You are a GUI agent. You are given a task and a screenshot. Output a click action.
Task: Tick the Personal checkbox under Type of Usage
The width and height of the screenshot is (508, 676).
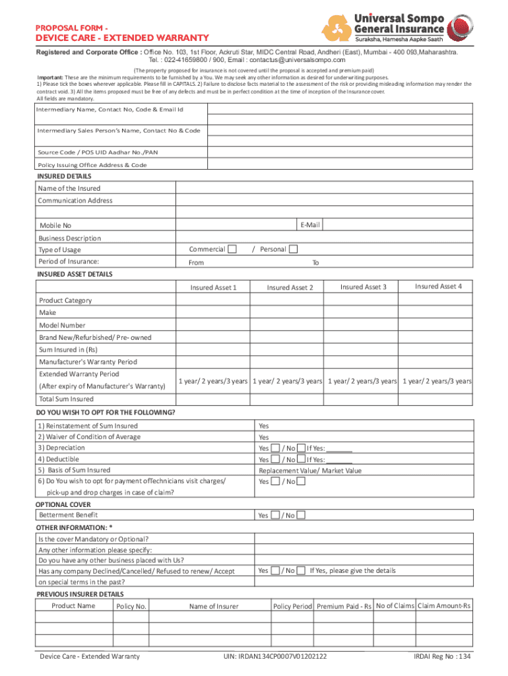click(294, 249)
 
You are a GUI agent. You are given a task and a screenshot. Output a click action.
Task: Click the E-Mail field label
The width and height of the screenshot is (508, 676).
click(309, 225)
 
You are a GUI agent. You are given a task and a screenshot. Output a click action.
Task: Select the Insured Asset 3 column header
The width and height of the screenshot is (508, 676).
click(363, 287)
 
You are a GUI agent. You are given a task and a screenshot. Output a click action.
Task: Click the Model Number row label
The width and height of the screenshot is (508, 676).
click(62, 325)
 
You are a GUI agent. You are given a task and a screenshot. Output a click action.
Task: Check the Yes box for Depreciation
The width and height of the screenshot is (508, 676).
click(276, 448)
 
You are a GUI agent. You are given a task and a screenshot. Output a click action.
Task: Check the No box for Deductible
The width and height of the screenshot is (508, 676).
click(301, 459)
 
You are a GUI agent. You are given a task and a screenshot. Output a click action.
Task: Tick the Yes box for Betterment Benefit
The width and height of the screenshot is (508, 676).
click(276, 515)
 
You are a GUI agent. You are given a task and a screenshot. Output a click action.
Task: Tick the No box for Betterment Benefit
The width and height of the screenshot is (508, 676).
click(301, 515)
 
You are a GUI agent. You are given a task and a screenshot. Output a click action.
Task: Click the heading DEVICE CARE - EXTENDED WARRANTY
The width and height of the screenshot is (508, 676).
click(122, 38)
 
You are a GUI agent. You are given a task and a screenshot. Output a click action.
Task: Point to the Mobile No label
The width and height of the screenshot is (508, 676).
click(55, 226)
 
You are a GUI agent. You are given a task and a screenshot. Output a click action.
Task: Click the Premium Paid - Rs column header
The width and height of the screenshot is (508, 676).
click(344, 606)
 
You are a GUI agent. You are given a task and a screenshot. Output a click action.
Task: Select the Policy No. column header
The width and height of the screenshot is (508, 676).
click(131, 606)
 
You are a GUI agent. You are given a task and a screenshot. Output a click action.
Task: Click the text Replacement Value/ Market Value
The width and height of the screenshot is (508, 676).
click(310, 471)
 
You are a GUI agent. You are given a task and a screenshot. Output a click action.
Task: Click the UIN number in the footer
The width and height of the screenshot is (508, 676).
click(276, 656)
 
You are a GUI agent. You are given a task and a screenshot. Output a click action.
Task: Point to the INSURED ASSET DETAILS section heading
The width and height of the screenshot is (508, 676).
click(75, 274)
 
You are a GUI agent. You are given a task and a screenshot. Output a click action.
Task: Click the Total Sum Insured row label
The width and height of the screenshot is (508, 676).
click(66, 399)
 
